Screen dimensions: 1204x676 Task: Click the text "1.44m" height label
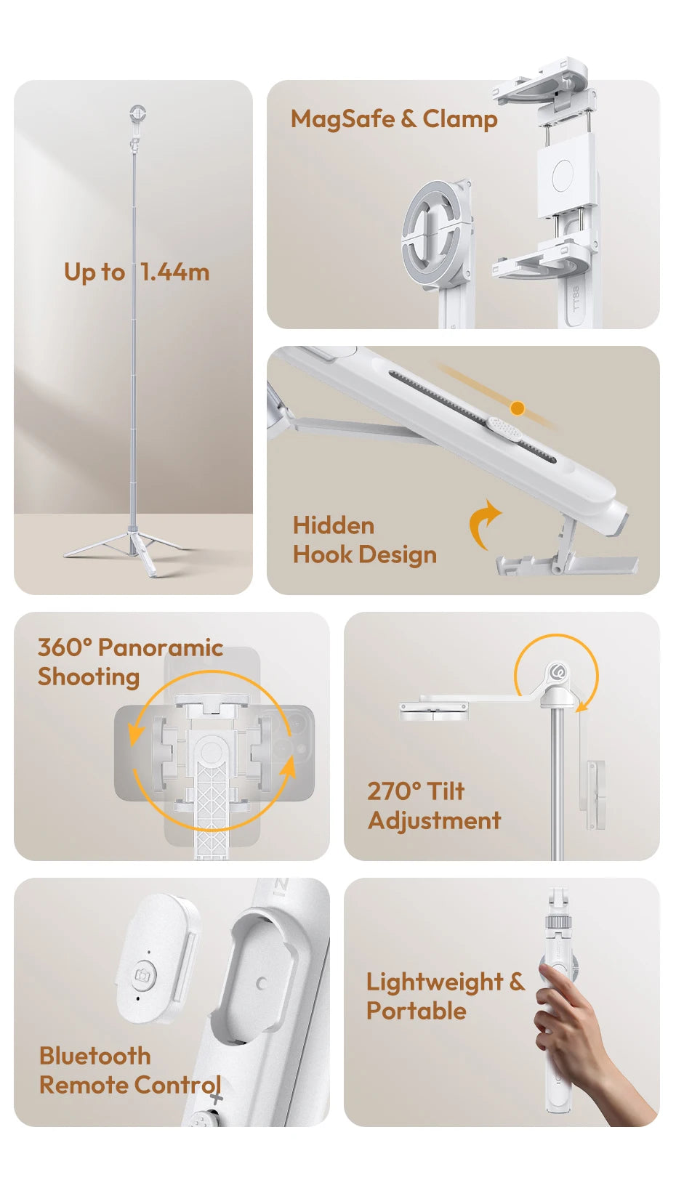(x=174, y=272)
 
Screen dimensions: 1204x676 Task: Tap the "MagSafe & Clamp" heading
(x=394, y=119)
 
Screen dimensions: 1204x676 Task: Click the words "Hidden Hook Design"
(x=364, y=540)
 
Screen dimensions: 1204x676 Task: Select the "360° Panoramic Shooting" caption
(x=129, y=661)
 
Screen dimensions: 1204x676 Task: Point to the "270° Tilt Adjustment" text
(x=434, y=805)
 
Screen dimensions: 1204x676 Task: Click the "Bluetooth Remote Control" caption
(x=129, y=1070)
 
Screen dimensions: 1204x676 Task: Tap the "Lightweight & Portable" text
(x=444, y=995)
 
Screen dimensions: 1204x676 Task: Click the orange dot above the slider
(x=518, y=408)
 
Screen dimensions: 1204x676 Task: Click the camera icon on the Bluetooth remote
(x=143, y=974)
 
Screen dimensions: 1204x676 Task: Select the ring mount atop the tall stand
(x=137, y=113)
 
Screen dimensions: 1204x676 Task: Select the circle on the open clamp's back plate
(x=563, y=176)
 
